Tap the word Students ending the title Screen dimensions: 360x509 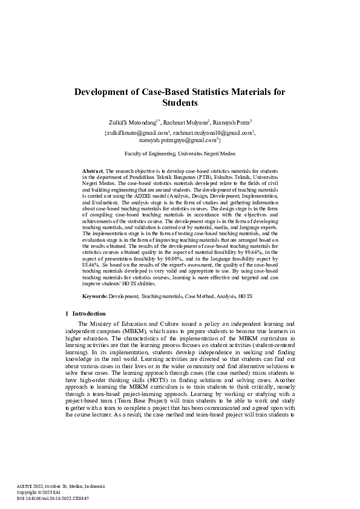click(180, 103)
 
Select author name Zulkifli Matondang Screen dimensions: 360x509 click(133, 122)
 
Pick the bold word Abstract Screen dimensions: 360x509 click(93, 172)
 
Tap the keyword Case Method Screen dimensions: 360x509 click(197, 297)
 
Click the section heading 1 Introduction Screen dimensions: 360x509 click(85, 314)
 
